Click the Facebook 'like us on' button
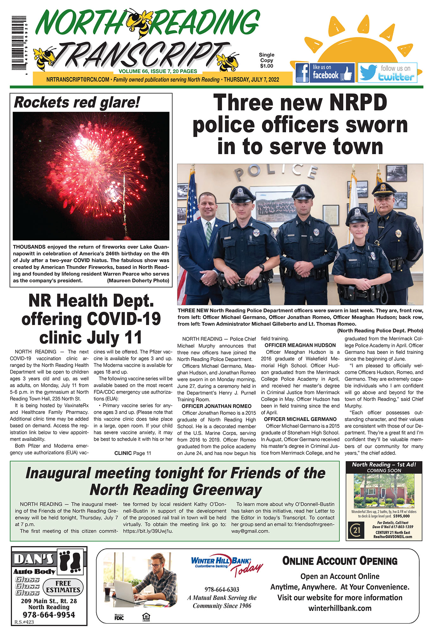(x=325, y=72)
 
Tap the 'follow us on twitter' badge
(x=387, y=73)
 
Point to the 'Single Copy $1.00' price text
(x=266, y=60)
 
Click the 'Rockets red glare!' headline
(x=77, y=103)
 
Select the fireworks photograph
(x=91, y=176)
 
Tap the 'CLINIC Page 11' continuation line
(x=133, y=453)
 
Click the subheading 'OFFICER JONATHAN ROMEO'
(x=216, y=406)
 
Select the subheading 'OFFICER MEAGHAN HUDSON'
(x=300, y=345)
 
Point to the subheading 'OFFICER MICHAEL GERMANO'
(x=300, y=419)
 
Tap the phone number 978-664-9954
(x=49, y=615)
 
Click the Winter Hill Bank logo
(x=222, y=561)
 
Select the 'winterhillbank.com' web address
(x=340, y=608)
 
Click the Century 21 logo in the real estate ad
(x=357, y=530)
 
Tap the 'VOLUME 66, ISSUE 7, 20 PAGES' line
(x=158, y=72)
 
